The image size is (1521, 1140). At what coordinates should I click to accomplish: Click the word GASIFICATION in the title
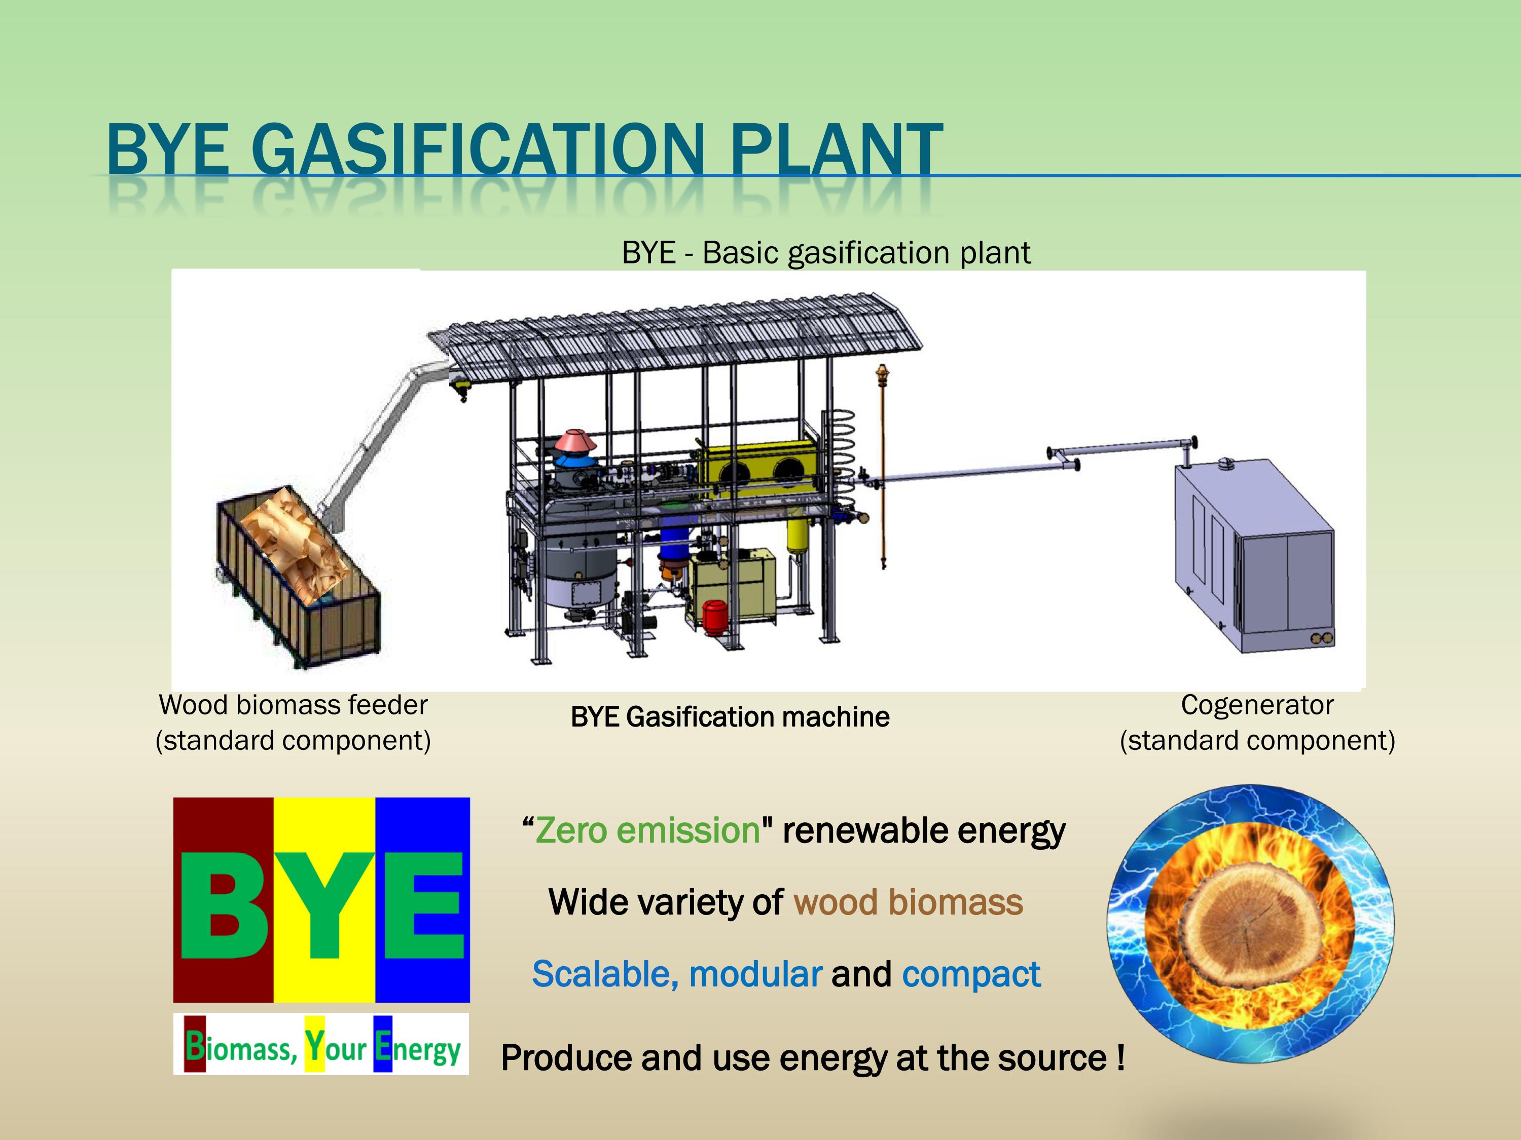[478, 150]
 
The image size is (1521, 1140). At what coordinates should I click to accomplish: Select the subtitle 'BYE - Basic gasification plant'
[826, 253]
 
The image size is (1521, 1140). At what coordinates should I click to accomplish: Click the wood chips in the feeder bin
[292, 543]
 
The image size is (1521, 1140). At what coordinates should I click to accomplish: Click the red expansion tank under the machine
[715, 615]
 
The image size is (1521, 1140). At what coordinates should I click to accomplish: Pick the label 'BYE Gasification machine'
[730, 717]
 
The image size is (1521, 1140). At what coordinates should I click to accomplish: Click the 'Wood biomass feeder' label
[293, 706]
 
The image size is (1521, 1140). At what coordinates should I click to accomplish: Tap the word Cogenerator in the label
[1257, 706]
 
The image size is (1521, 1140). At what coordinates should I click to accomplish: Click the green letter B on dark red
[224, 906]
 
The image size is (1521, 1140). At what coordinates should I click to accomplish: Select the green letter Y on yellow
[324, 906]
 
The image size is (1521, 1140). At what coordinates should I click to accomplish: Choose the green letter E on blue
[423, 906]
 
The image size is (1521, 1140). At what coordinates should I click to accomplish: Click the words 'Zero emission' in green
[647, 831]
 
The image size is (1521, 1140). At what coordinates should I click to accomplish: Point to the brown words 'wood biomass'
[908, 903]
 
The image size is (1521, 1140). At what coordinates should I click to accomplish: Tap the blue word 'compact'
[971, 974]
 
